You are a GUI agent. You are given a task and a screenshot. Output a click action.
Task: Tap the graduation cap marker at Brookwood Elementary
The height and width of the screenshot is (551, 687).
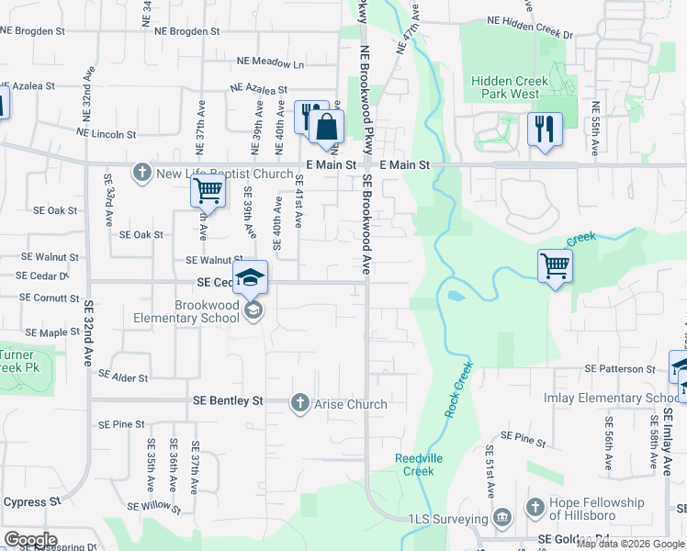point(250,276)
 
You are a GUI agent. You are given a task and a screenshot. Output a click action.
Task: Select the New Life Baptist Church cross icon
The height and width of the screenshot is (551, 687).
point(141,173)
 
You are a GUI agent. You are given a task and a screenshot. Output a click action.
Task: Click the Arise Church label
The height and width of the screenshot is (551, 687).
point(351,404)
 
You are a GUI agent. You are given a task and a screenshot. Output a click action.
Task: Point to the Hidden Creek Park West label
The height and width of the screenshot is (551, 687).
point(511,87)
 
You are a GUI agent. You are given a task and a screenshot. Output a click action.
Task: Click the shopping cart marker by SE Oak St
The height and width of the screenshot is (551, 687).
point(208,191)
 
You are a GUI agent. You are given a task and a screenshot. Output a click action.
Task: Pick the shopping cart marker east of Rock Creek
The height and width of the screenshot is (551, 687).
point(555,266)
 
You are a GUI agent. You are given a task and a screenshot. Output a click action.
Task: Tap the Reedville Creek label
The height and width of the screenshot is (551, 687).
point(419,464)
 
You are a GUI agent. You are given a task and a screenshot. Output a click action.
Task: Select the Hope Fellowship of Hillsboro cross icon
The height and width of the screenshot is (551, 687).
point(535,508)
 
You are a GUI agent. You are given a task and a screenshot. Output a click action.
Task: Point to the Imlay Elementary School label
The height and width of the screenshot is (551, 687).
point(624,398)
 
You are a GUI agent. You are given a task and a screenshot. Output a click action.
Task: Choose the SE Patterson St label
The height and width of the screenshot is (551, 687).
point(622,369)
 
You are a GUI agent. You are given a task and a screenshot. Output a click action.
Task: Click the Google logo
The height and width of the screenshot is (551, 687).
point(29,540)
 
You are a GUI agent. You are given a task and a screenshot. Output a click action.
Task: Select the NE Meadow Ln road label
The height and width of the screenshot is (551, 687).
point(270,64)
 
